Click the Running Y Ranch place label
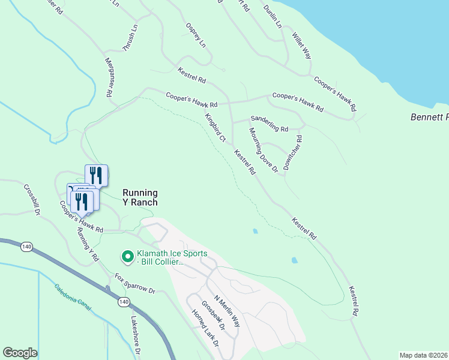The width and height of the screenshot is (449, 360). [140, 197]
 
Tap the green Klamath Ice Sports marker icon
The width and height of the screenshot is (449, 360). [127, 257]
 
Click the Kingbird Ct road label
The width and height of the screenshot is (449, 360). [214, 128]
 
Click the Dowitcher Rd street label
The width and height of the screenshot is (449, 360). [294, 152]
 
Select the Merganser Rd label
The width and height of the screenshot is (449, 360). [109, 77]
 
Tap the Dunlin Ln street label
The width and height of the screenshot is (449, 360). [272, 16]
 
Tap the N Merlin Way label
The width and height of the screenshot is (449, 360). [227, 311]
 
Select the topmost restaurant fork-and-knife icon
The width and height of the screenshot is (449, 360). [96, 175]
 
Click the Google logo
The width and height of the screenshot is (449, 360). [20, 353]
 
